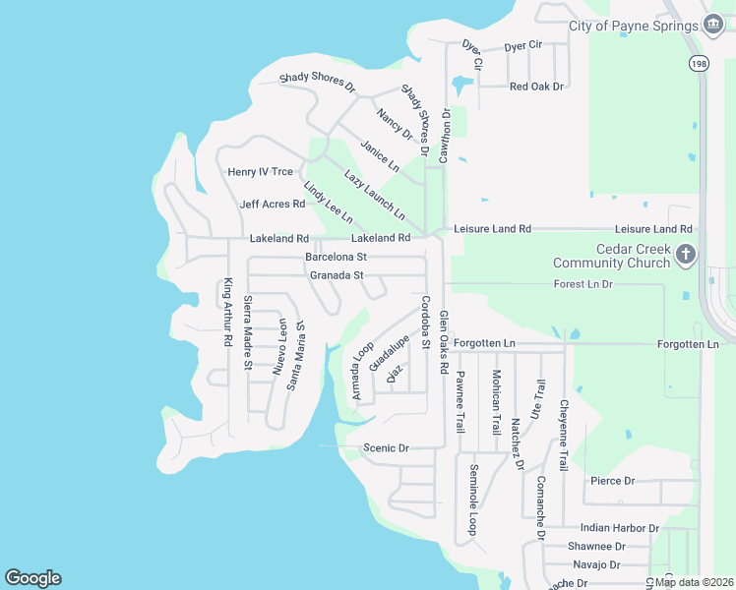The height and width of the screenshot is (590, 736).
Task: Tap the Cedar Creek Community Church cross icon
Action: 686,256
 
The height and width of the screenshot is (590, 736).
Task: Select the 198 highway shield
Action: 698,62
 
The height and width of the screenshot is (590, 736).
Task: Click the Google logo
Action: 32,578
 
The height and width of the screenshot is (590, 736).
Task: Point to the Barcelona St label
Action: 336,257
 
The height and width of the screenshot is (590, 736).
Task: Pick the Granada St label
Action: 337,275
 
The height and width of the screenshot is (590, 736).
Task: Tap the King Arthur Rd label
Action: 227,312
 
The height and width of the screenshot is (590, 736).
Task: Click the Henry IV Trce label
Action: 261,172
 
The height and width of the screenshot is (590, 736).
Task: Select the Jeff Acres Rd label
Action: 273,205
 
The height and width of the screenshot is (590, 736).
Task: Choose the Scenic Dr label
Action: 386,448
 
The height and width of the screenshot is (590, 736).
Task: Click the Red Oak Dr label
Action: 536,87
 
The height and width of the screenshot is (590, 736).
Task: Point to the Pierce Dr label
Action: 612,481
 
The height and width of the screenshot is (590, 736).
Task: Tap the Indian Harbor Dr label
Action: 620,528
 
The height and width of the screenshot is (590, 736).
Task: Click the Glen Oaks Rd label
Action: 444,342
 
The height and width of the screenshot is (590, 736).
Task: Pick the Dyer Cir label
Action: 523,46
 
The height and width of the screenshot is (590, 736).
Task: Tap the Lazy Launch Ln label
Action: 374,194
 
